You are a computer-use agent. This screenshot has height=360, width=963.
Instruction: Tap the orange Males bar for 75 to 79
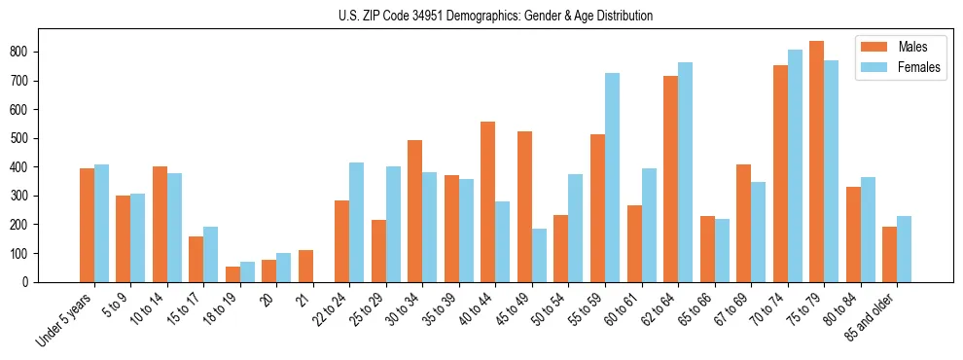816,162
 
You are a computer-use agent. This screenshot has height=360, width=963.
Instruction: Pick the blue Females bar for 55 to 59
612,177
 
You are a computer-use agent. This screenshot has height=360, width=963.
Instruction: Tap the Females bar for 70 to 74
795,165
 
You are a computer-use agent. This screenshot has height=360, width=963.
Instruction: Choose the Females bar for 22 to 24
357,222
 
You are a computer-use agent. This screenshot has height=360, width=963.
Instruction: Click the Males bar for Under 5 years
87,225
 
